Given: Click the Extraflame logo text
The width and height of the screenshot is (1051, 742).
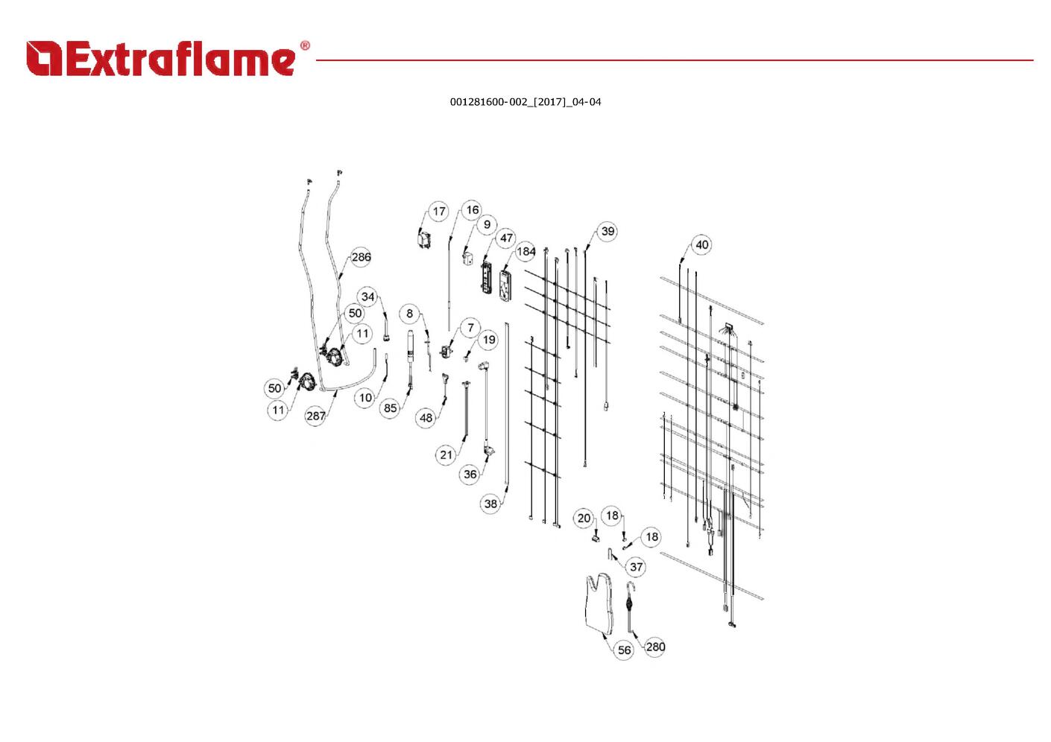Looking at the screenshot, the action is click(x=181, y=59).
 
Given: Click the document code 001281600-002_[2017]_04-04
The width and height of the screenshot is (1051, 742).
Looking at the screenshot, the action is click(x=525, y=102).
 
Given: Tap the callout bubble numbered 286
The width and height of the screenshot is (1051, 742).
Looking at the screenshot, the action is click(x=361, y=257).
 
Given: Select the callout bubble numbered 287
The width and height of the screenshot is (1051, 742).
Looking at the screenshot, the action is click(x=316, y=416).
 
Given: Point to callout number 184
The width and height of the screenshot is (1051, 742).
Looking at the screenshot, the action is click(x=526, y=252).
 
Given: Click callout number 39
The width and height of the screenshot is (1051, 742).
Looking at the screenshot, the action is click(x=607, y=231).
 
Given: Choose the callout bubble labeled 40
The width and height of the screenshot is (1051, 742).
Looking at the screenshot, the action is click(x=702, y=245).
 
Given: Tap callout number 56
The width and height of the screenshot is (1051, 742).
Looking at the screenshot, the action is click(x=624, y=650).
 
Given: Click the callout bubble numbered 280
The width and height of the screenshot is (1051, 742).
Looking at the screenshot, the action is click(x=655, y=647).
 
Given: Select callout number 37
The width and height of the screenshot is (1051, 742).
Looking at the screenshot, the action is click(x=637, y=567).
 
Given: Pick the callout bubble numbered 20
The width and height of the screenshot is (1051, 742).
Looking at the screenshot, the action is click(x=584, y=519).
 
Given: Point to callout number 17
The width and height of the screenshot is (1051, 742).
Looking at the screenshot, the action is click(x=439, y=212).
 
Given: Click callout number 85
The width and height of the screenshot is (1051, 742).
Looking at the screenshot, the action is click(x=391, y=408).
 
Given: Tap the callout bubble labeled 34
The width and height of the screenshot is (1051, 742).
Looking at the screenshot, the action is click(x=368, y=297).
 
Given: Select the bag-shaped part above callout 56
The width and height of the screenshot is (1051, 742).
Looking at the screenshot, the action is click(x=600, y=603).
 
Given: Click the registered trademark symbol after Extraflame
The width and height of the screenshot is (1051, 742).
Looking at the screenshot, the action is click(x=305, y=45).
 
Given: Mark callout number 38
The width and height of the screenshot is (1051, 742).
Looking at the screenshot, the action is click(x=490, y=504).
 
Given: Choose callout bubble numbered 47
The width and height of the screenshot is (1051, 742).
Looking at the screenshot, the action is click(x=506, y=238).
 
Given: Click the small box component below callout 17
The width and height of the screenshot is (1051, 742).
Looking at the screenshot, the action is click(x=424, y=239).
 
